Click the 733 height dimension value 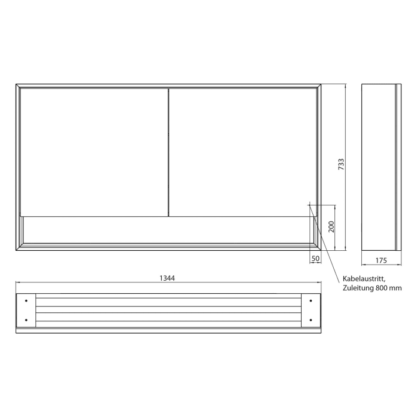tap(342, 165)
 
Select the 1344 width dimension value tap(167, 278)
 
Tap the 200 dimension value tap(331, 226)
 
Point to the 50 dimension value tap(316, 259)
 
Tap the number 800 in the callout tap(383, 288)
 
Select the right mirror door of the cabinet tap(242, 152)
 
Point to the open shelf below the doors tap(167, 229)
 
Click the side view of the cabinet tap(379, 167)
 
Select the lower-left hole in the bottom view tap(26, 320)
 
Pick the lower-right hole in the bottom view tap(311, 320)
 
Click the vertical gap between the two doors tap(168, 152)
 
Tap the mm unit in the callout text tap(397, 288)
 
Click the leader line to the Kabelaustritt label tap(326, 241)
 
